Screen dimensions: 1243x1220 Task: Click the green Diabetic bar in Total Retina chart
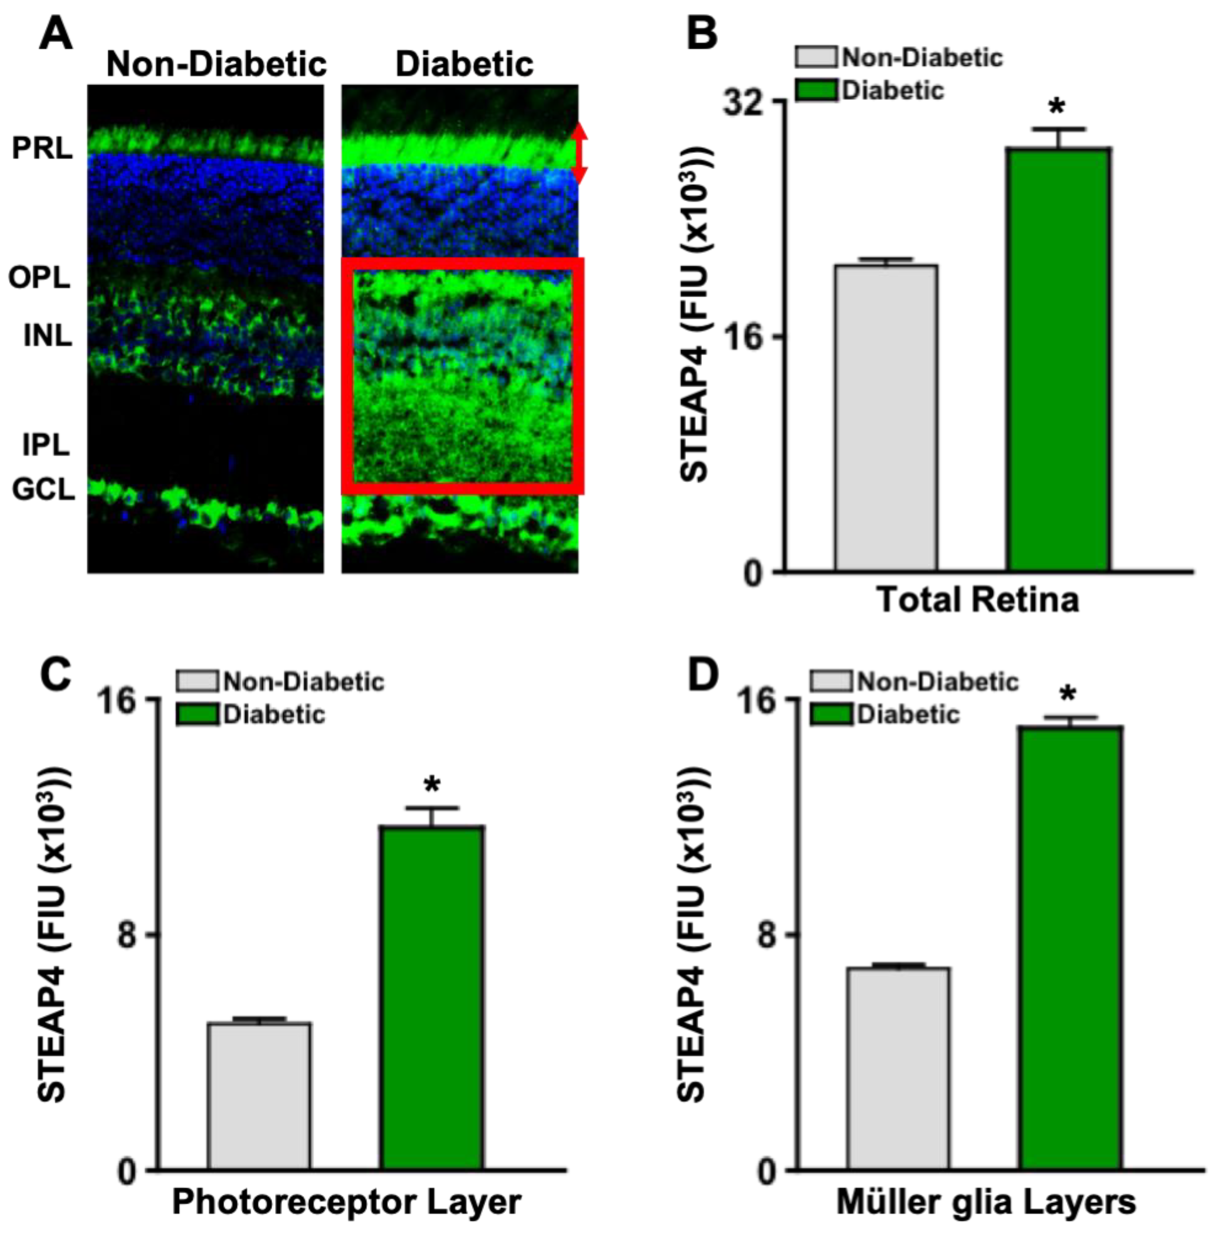coord(1057,359)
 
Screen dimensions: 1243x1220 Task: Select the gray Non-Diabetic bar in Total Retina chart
coord(886,417)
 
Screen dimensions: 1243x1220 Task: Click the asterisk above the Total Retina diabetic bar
coord(1057,106)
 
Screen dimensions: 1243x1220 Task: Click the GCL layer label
coord(43,490)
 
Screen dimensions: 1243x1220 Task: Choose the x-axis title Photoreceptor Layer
coord(346,1203)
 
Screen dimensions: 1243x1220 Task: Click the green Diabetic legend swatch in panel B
coord(816,90)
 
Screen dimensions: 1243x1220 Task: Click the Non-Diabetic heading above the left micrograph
coord(217,64)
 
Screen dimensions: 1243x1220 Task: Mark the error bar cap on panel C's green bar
coord(432,808)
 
